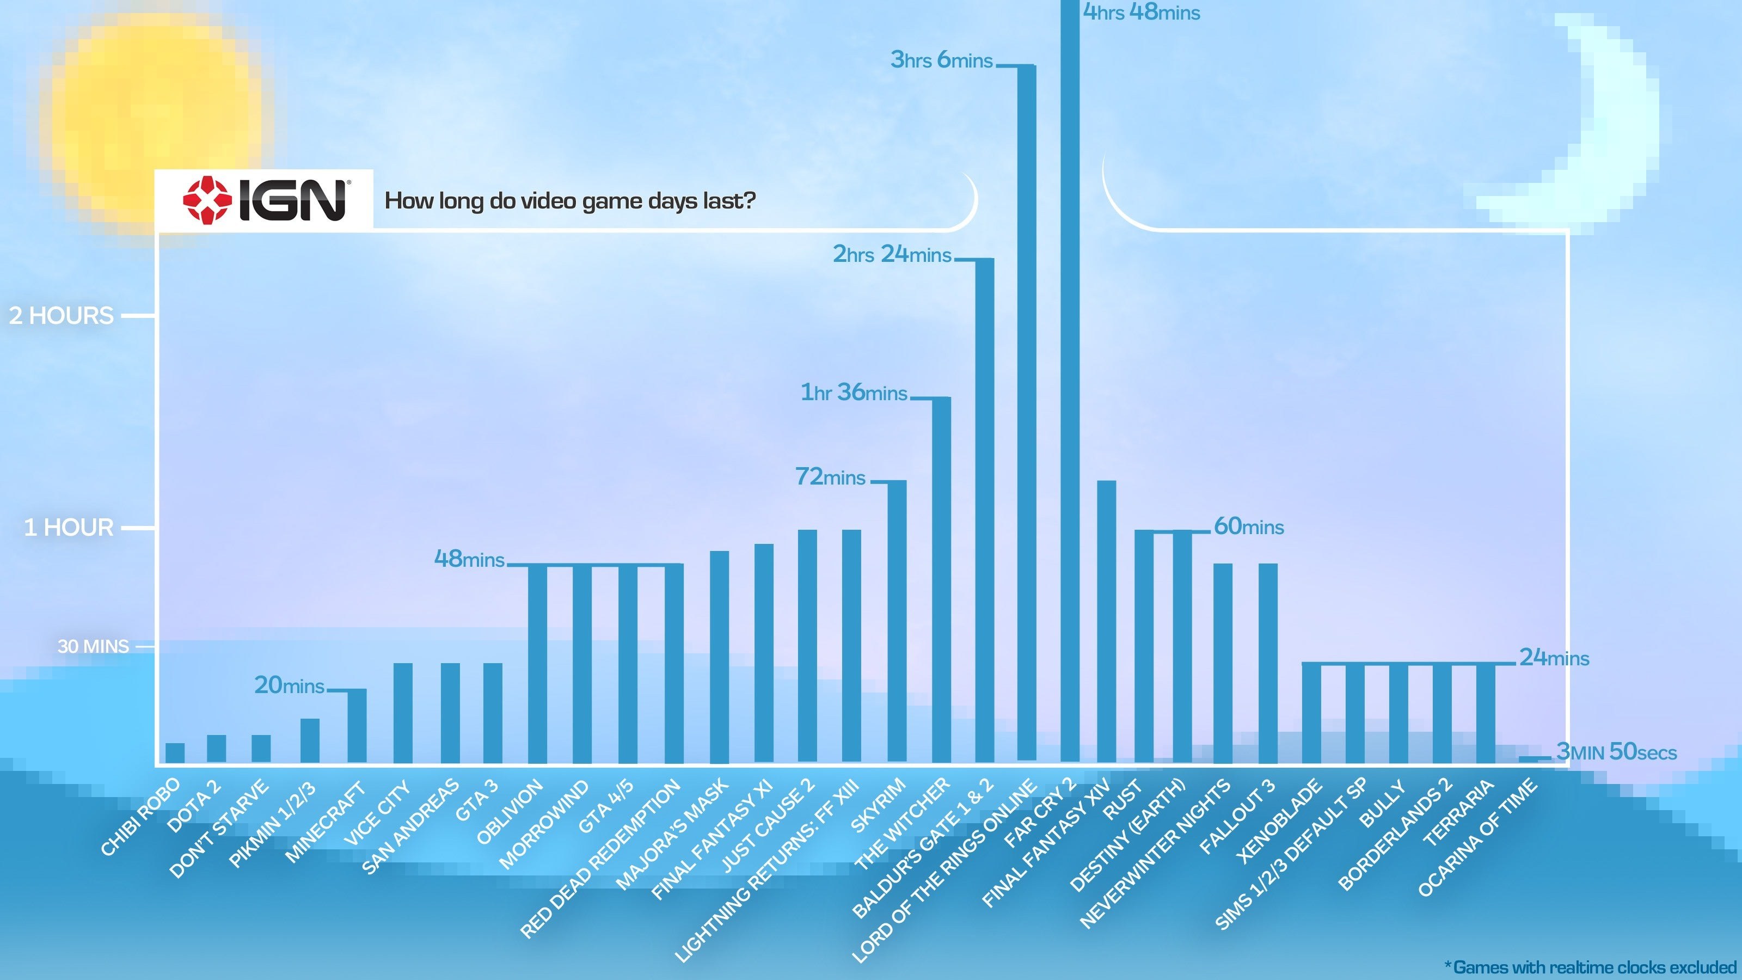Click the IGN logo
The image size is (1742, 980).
[265, 201]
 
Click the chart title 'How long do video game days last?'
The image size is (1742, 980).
[569, 201]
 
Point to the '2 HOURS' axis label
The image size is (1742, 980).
[62, 316]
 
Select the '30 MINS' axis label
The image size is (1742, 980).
[93, 647]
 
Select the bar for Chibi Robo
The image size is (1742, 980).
[175, 753]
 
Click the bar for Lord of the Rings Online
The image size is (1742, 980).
[1027, 413]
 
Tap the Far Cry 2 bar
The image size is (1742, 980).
[1070, 379]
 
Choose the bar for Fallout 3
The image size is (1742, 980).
[1268, 663]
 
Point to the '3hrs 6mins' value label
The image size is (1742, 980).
[941, 60]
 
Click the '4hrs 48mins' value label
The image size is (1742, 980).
[1142, 12]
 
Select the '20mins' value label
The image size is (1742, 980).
[290, 686]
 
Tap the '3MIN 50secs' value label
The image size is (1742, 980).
[1616, 752]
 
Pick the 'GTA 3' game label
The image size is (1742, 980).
[477, 800]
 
